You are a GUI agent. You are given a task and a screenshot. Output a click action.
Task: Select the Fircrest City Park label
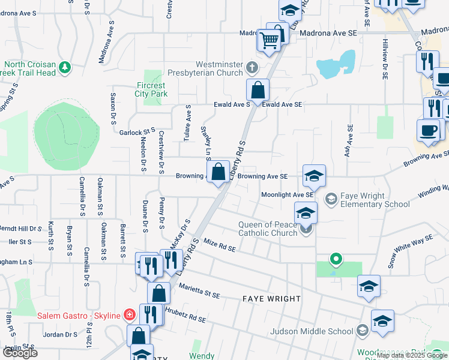151,90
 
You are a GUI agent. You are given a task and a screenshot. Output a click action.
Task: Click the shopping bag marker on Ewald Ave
258,91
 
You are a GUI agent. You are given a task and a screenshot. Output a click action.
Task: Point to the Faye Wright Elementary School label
375,200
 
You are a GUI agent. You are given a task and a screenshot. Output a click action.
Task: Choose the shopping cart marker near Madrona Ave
270,40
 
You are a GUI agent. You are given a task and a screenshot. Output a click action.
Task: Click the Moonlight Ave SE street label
287,195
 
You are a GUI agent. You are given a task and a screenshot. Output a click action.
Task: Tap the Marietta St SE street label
200,290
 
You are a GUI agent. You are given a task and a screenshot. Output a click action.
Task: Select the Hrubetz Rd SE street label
185,317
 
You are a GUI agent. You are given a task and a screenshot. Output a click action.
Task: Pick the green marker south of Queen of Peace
337,259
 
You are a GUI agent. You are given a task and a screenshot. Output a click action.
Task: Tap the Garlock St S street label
137,132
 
